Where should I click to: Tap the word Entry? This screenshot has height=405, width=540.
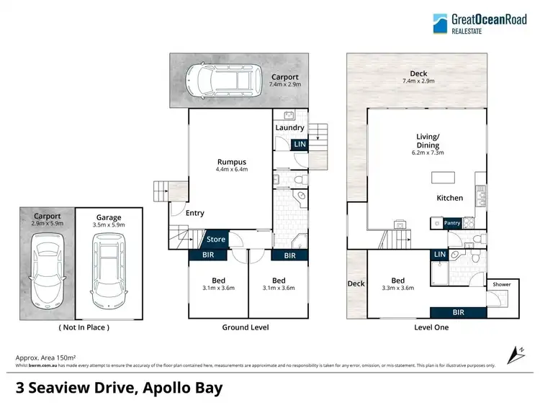(x=194, y=213)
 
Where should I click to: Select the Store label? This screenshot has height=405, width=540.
(x=216, y=240)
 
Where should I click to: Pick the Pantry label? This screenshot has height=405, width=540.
(x=452, y=224)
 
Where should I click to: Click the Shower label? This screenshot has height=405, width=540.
(x=501, y=284)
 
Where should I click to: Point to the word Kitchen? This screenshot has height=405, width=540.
(x=449, y=198)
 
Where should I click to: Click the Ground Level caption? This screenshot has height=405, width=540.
(x=246, y=327)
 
